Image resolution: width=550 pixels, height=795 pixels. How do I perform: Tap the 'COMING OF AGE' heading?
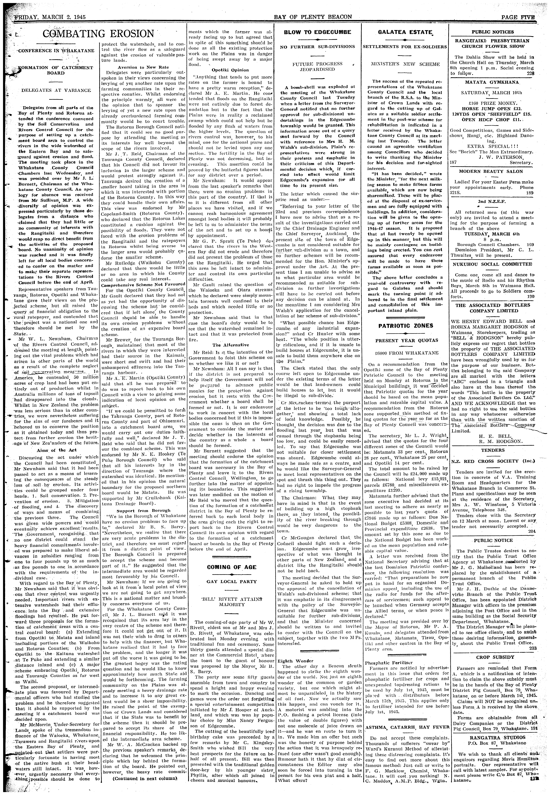tap(231, 567)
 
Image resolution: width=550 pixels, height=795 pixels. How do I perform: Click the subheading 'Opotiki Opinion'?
tap(230, 70)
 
